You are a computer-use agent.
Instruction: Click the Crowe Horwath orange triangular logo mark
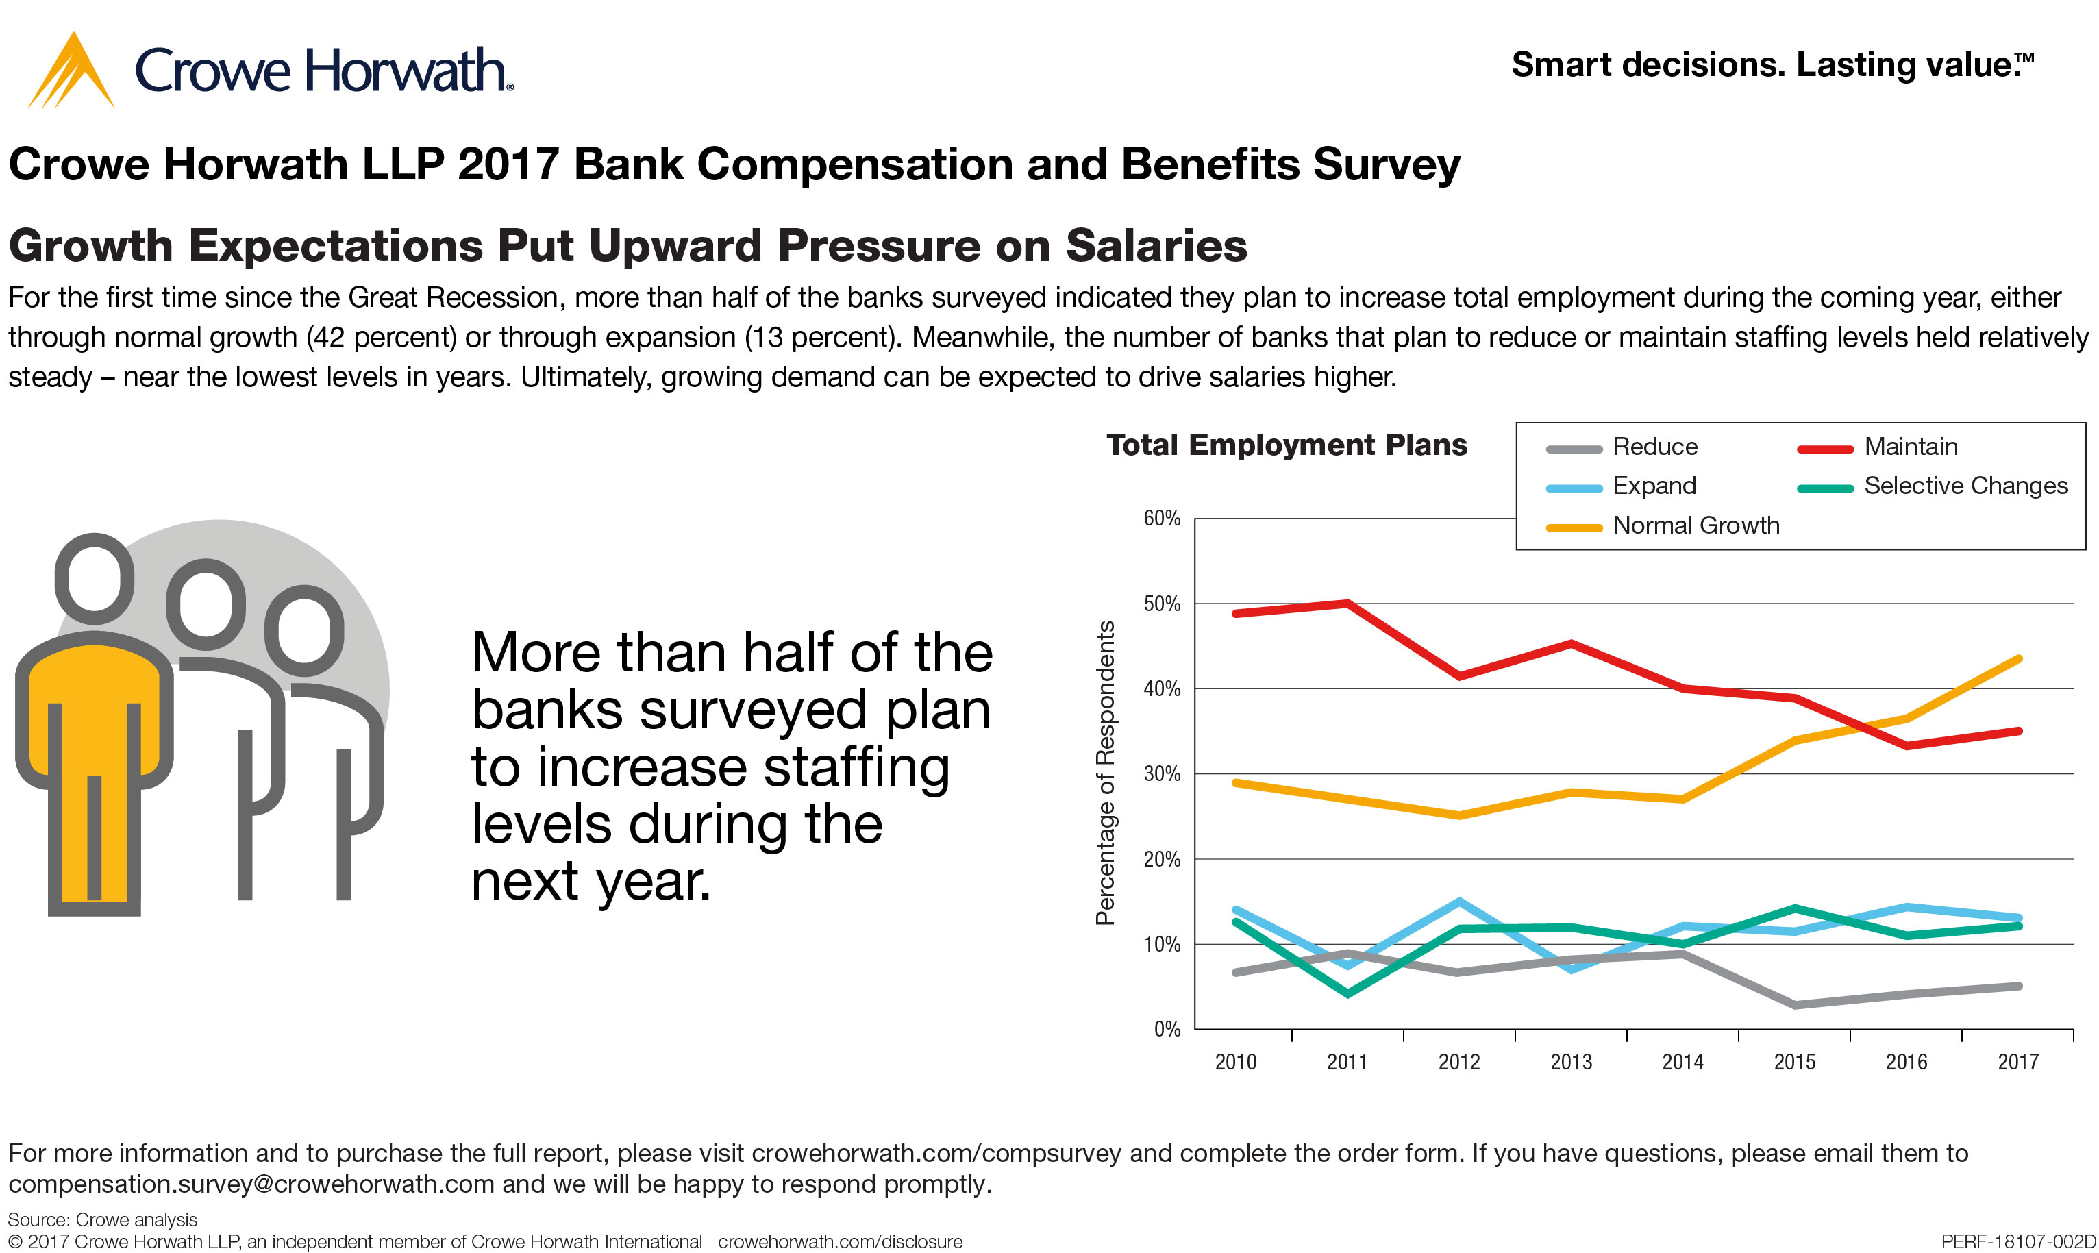point(71,73)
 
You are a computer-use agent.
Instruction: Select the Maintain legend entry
point(1910,447)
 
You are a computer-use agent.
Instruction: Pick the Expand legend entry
point(1653,486)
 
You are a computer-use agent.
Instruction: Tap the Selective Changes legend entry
point(1965,486)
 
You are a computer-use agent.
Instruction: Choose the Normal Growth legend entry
point(1695,525)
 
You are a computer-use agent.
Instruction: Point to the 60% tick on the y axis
point(1162,519)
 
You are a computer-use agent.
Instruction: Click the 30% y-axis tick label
point(1162,774)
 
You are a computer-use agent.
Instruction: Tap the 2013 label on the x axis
point(1570,1062)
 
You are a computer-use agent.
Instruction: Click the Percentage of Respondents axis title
point(1105,773)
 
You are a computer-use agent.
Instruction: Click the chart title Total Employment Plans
point(1286,445)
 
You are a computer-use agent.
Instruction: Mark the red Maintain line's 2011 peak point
point(1348,604)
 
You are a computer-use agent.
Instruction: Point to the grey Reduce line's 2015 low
point(1795,1005)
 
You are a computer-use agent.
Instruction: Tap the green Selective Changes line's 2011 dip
point(1347,994)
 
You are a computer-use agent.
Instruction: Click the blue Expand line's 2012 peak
point(1460,902)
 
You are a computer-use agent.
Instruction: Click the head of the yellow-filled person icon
point(95,578)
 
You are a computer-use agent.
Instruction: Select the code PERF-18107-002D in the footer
point(2018,1241)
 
